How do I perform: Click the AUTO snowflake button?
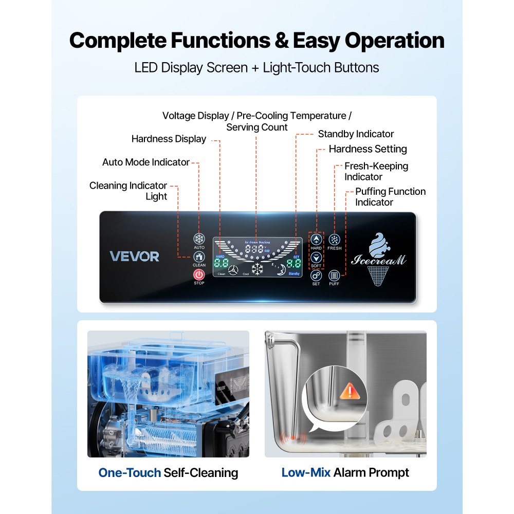199,239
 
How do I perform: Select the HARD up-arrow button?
316,240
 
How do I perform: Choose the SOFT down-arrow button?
316,257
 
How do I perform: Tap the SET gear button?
316,275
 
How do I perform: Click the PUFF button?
334,276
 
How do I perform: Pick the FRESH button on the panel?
334,240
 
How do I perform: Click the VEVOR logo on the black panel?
135,256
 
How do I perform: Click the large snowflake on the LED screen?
256,268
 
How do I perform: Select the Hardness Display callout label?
169,139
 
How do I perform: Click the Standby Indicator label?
356,134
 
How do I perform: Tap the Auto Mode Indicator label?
146,162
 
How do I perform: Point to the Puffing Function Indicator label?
390,197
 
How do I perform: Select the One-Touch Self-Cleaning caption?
168,472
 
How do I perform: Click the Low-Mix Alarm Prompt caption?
345,472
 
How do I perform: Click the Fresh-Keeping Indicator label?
376,172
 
